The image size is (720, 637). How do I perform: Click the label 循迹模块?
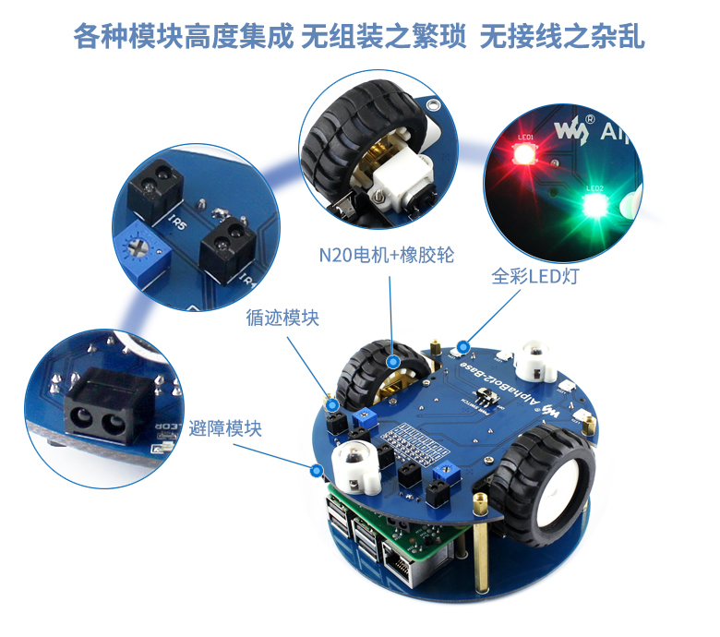pos(282,318)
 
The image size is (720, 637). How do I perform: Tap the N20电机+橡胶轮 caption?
pos(387,256)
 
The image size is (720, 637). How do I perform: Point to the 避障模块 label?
pos(225,428)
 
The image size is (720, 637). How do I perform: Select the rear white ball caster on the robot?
pos(534,358)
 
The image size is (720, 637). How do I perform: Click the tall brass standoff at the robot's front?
pos(482,545)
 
